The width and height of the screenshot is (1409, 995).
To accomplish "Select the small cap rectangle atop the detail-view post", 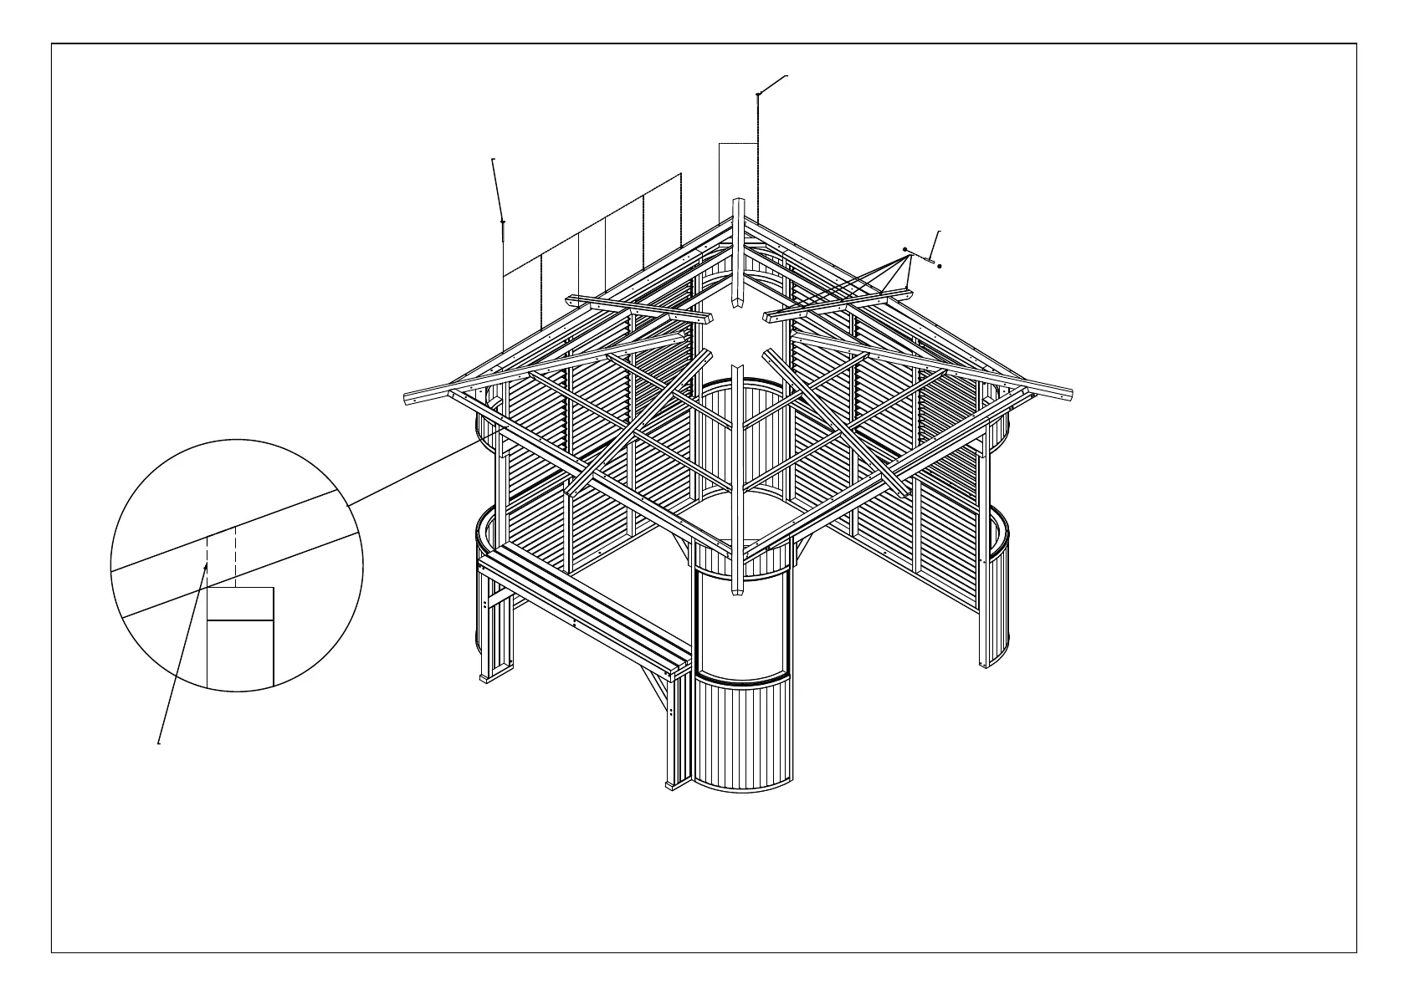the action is (x=240, y=604).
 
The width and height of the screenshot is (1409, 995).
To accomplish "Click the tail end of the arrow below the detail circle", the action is (x=160, y=741).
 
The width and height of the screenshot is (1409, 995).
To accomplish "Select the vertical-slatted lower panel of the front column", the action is (x=741, y=736).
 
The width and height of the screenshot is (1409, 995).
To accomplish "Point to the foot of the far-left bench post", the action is (x=484, y=679).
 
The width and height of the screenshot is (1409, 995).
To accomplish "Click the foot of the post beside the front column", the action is (x=672, y=784).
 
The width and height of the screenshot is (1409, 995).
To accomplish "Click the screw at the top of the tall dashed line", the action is (x=757, y=94).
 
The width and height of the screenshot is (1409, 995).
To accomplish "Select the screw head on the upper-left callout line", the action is (x=502, y=222).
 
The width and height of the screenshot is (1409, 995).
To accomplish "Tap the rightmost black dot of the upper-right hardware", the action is (x=940, y=266).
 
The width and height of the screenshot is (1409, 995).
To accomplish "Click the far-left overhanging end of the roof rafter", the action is (x=410, y=397).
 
